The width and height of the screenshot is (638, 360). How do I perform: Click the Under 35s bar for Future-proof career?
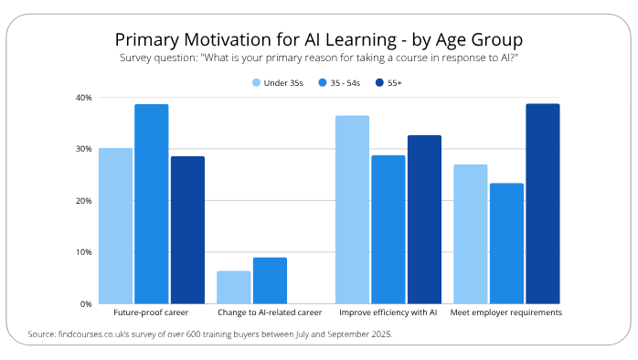pos(115,226)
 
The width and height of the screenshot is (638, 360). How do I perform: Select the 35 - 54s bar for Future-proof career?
pos(152,204)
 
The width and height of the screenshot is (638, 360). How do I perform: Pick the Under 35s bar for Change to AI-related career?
pos(234,287)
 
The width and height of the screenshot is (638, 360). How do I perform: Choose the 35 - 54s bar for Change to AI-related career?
pos(270,281)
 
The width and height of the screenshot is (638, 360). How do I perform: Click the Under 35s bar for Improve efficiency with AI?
pos(352,209)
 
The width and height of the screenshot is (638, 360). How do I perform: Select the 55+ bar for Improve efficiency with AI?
pos(424,219)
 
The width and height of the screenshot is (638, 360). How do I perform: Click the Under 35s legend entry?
pos(278,83)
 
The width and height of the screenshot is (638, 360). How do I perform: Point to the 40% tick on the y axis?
pos(82,98)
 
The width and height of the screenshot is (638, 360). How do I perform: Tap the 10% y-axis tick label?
pos(82,252)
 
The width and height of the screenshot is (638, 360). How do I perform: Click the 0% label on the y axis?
pos(85,303)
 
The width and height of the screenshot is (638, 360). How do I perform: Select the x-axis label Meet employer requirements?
pos(507,312)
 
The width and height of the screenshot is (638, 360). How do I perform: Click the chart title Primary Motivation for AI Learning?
pos(318,40)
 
